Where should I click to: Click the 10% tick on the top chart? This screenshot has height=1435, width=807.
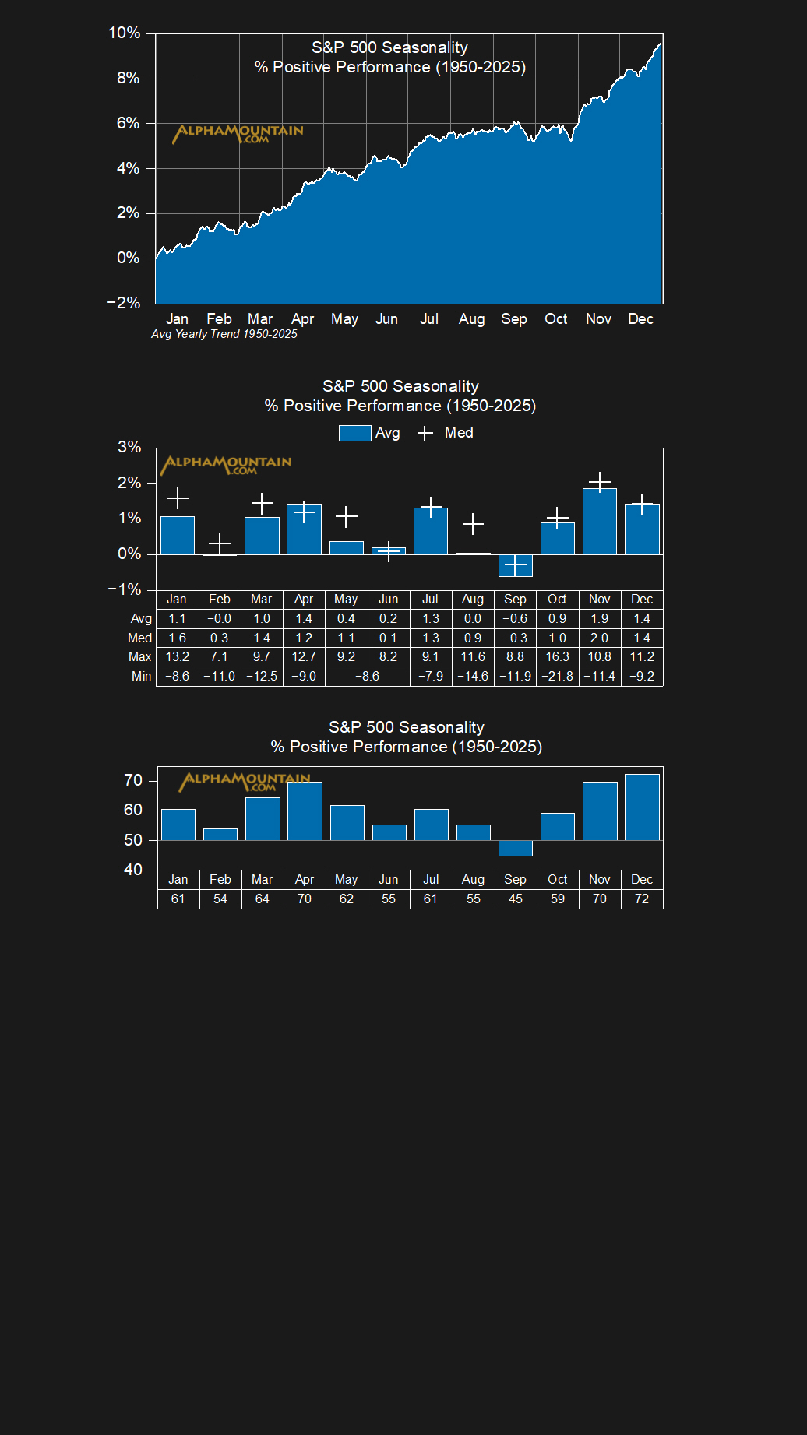[125, 33]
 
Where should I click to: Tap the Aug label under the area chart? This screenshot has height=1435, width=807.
[471, 318]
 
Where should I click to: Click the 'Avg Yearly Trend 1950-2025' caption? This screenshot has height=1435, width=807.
[224, 334]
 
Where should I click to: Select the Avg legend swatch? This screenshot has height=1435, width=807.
[354, 433]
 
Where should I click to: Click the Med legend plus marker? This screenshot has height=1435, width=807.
[425, 433]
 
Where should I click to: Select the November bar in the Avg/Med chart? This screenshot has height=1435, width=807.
[600, 521]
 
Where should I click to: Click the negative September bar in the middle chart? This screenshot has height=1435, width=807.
[515, 565]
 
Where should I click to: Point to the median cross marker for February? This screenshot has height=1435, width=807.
[220, 543]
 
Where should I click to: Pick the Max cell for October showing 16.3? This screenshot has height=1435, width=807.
[557, 656]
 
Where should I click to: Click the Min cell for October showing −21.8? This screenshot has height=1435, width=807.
[557, 676]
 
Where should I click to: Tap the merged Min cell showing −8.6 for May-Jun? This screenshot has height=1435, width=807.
[367, 676]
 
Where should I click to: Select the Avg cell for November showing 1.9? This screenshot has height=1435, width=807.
[600, 618]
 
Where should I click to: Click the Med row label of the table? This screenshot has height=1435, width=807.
[139, 638]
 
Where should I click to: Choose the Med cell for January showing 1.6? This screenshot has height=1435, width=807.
[178, 638]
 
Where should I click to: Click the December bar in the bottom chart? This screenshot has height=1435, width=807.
[642, 807]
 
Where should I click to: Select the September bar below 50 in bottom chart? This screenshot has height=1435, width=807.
[515, 848]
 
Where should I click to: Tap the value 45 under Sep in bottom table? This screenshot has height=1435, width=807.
[515, 899]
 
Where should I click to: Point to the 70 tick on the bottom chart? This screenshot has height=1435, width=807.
[133, 780]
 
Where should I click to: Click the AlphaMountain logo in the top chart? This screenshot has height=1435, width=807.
[238, 134]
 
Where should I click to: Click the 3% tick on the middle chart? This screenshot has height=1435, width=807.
[129, 447]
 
